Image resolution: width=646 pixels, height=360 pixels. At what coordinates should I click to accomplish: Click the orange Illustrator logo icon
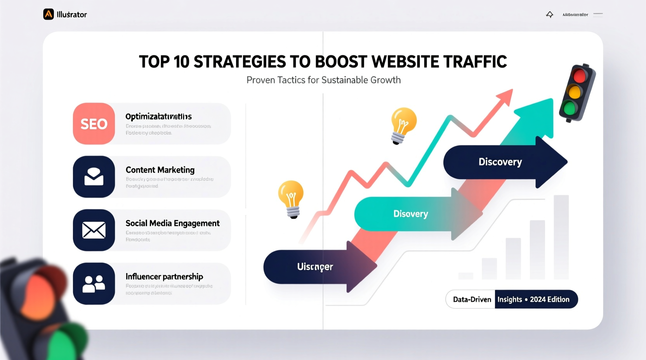[x=49, y=14]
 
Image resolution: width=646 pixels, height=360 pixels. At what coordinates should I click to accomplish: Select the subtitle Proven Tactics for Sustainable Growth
[x=323, y=80]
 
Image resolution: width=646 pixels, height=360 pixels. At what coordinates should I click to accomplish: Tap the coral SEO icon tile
[x=94, y=124]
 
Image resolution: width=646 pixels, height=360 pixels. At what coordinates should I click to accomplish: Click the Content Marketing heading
[x=160, y=170]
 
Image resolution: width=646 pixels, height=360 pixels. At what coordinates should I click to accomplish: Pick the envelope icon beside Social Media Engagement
[x=94, y=230]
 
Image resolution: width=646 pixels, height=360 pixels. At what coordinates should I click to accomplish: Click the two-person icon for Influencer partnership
[x=94, y=284]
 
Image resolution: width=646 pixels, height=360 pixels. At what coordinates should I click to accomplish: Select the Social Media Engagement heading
[x=172, y=223]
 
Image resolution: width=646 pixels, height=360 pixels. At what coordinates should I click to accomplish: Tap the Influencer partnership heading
[x=164, y=277]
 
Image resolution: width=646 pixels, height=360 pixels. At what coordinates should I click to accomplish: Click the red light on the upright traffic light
[x=579, y=76]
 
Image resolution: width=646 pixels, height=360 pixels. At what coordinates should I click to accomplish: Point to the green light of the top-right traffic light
[x=570, y=108]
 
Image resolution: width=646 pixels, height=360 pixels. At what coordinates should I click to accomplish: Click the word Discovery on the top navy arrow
[x=500, y=162]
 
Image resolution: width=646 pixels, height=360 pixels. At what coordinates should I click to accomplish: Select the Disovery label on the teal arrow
[x=410, y=214]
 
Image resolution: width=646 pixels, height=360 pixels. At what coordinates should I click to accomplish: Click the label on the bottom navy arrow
[x=315, y=267]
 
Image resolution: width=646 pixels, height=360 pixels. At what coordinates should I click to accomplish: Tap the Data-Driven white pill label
[x=472, y=299]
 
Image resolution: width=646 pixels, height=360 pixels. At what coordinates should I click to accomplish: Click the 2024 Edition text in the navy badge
[x=549, y=299]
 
